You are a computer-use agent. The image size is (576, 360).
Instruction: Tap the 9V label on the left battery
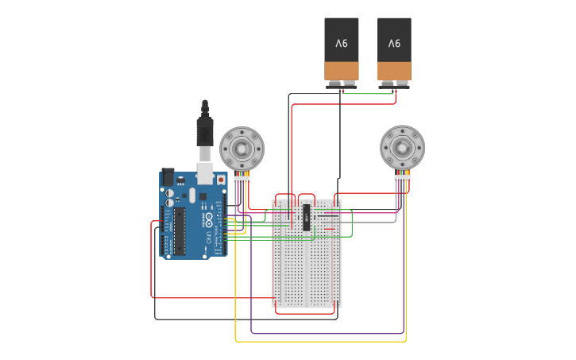[342, 43]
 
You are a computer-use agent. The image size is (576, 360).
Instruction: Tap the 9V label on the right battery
[394, 43]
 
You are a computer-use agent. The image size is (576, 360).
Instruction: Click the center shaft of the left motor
[242, 149]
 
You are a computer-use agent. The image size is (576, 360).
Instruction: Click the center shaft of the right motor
[403, 148]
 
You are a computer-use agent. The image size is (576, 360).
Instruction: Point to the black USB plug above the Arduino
[205, 130]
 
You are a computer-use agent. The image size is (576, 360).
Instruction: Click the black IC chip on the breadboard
[307, 217]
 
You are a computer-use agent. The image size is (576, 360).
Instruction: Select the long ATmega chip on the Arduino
[180, 232]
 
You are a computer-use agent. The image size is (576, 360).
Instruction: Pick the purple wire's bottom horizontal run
[327, 333]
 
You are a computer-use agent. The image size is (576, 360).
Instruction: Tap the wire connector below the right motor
[403, 179]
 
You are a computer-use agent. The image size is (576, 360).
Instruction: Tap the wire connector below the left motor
[242, 180]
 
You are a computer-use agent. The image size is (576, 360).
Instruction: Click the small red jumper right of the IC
[328, 229]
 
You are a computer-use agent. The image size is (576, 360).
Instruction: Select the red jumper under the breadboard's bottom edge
[305, 313]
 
